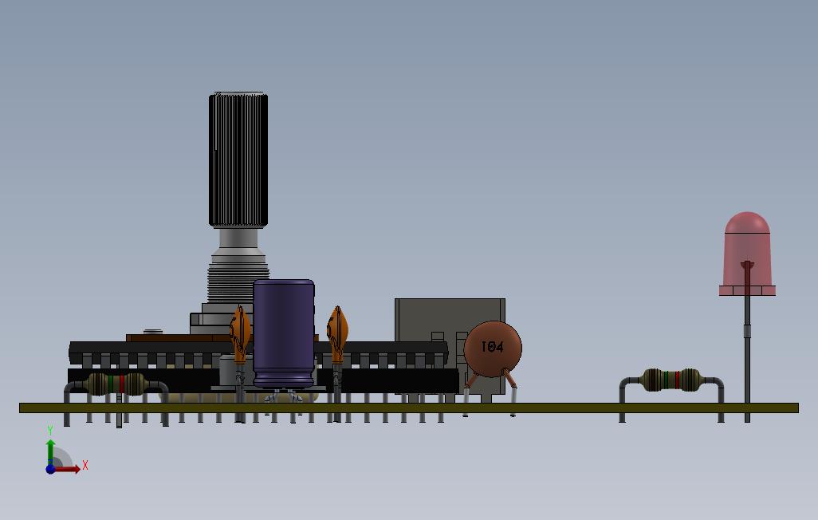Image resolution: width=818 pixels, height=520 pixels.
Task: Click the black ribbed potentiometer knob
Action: pyautogui.click(x=238, y=160)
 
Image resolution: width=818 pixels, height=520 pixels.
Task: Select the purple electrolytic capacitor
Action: pyautogui.click(x=284, y=334)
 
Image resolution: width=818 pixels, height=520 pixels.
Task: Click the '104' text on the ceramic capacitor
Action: pyautogui.click(x=492, y=347)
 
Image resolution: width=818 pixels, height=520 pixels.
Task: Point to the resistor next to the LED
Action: pyautogui.click(x=672, y=380)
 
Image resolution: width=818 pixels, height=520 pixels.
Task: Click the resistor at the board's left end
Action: pyautogui.click(x=116, y=384)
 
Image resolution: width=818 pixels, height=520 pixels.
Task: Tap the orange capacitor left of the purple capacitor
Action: pyautogui.click(x=240, y=334)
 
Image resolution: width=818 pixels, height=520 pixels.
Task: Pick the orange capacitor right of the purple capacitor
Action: pyautogui.click(x=337, y=334)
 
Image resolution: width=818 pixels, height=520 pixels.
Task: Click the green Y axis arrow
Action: pyautogui.click(x=50, y=451)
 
